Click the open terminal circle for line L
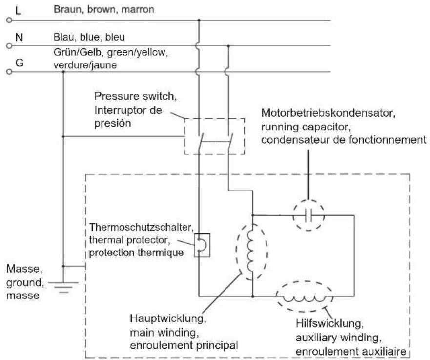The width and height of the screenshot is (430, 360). pyautogui.click(x=9, y=20)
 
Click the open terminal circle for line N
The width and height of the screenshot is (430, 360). pyautogui.click(x=9, y=46)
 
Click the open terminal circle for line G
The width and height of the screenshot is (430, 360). pyautogui.click(x=9, y=72)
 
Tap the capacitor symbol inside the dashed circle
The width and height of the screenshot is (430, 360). pyautogui.click(x=308, y=215)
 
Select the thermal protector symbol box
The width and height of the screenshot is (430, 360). pyautogui.click(x=202, y=245)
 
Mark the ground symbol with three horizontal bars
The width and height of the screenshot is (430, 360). pyautogui.click(x=63, y=287)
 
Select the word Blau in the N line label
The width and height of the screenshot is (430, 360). pyautogui.click(x=63, y=37)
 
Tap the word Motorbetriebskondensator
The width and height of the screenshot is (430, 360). pyautogui.click(x=328, y=113)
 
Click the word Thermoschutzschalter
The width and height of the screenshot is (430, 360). pyautogui.click(x=141, y=227)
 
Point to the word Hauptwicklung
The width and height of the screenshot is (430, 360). pyautogui.click(x=168, y=318)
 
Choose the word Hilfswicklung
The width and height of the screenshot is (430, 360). pyautogui.click(x=329, y=324)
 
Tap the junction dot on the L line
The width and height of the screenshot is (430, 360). pyautogui.click(x=199, y=20)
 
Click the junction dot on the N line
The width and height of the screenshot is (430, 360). pyautogui.click(x=228, y=46)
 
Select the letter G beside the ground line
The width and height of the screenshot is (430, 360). pyautogui.click(x=19, y=63)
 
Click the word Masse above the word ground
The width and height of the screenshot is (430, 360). pyautogui.click(x=24, y=269)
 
